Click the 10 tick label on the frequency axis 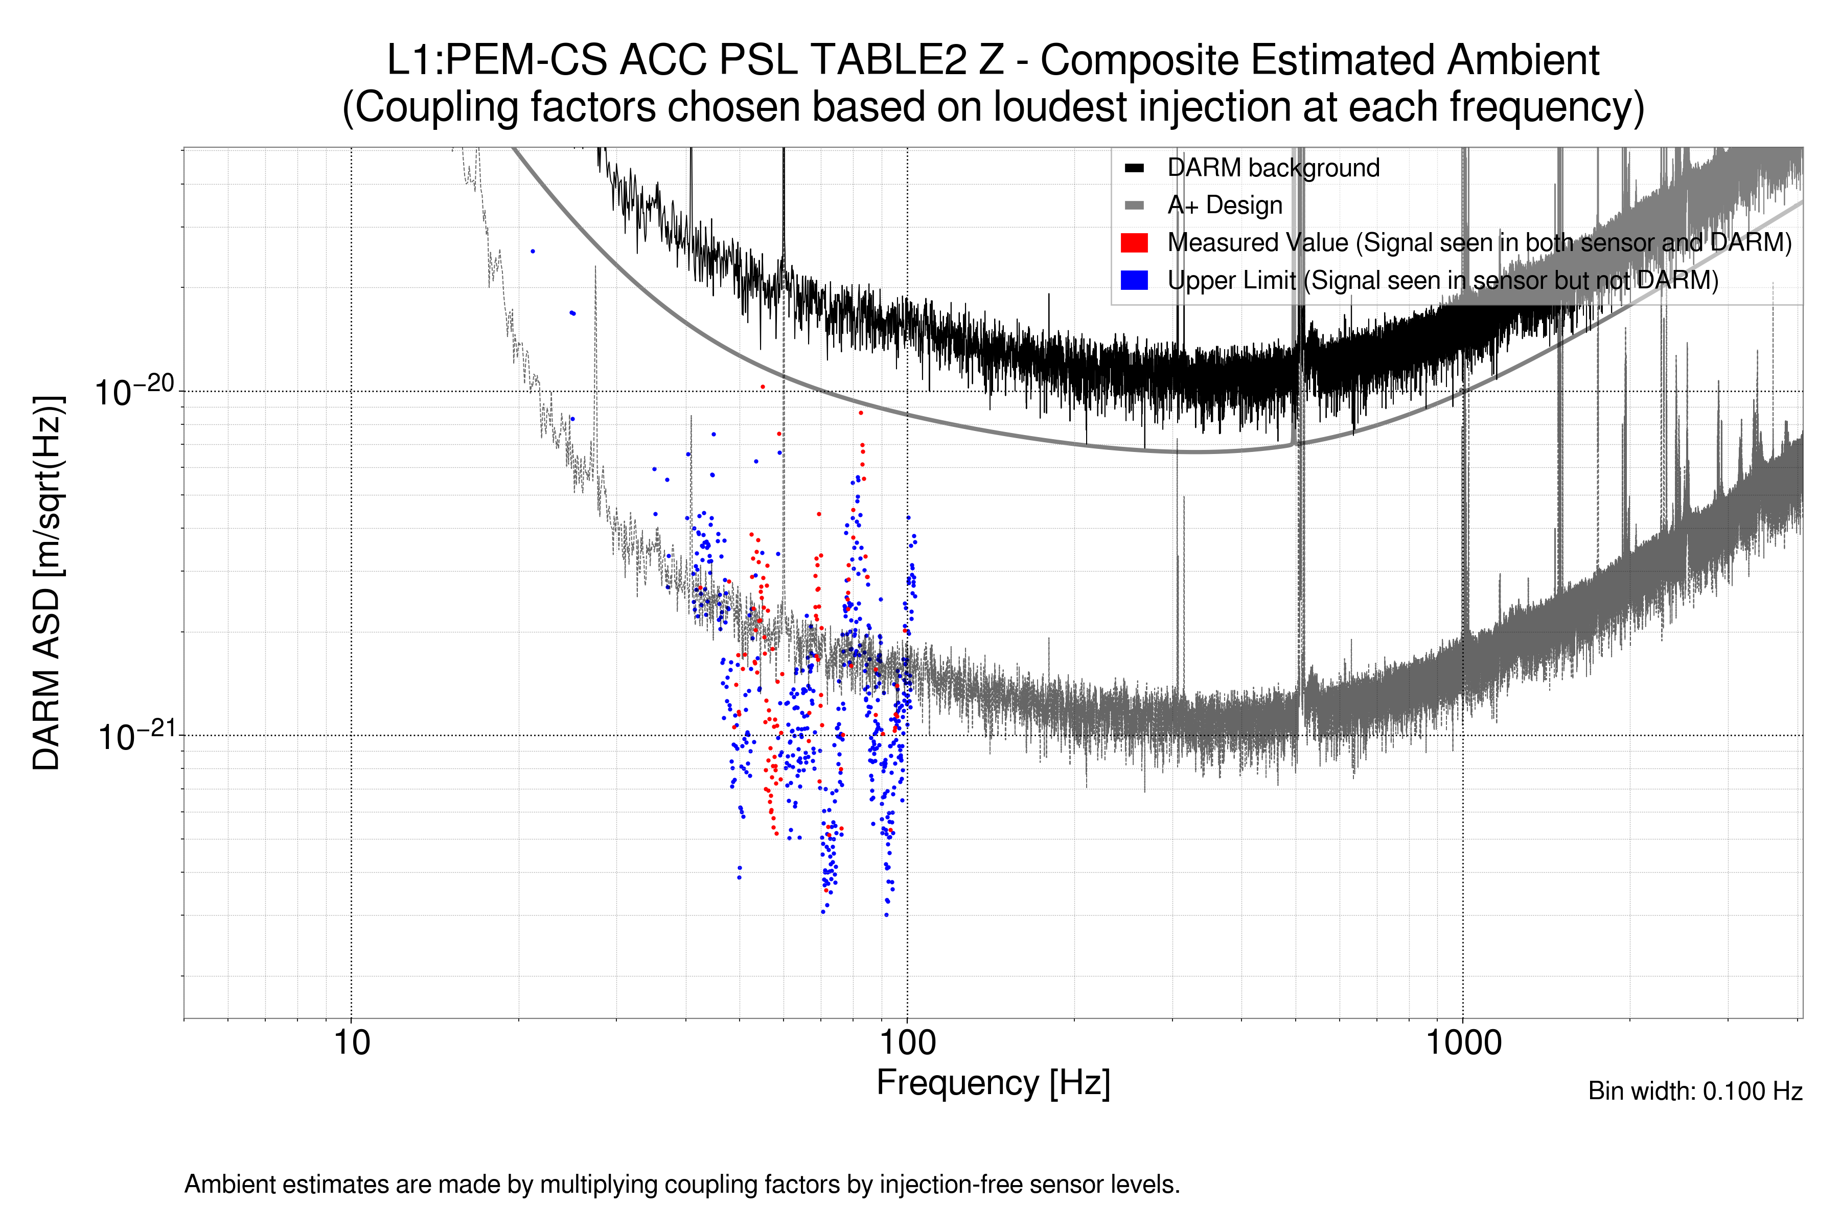tap(351, 1043)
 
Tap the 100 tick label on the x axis tap(908, 1043)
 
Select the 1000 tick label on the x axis tap(1463, 1043)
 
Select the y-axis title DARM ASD tap(47, 583)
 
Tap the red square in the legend tap(1134, 242)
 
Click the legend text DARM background tap(1273, 168)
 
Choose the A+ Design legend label tap(1224, 205)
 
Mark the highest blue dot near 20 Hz tap(533, 251)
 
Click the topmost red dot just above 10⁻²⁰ tap(763, 387)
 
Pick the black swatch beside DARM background tap(1134, 168)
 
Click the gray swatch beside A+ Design tap(1134, 205)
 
